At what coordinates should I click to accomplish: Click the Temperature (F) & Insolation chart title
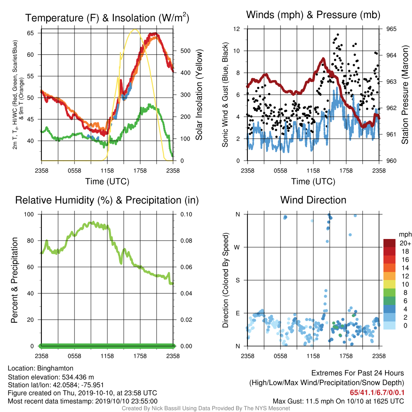(x=107, y=18)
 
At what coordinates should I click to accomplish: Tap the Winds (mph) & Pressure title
(x=313, y=15)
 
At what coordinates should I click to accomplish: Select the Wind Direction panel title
(x=313, y=200)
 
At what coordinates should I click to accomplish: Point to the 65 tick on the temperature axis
(x=30, y=33)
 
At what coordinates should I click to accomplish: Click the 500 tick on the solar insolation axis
(x=185, y=51)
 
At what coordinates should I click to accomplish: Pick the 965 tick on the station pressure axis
(x=391, y=29)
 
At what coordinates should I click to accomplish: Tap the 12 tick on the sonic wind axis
(x=237, y=29)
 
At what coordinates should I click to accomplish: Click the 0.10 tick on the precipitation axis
(x=186, y=214)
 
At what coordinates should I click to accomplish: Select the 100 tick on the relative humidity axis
(x=29, y=214)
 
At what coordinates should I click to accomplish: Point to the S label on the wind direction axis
(x=237, y=280)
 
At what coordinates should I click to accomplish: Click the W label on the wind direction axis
(x=237, y=247)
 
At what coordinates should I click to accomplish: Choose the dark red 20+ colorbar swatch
(x=389, y=243)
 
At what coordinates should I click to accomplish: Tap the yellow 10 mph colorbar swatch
(x=389, y=284)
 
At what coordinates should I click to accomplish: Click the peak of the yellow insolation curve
(x=135, y=29)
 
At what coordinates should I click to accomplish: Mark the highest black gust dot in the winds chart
(x=338, y=35)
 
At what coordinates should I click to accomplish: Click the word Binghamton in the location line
(x=55, y=369)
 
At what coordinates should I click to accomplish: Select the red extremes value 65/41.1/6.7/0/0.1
(x=377, y=392)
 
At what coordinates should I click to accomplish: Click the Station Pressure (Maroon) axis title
(x=405, y=95)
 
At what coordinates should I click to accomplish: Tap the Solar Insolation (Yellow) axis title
(x=199, y=95)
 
